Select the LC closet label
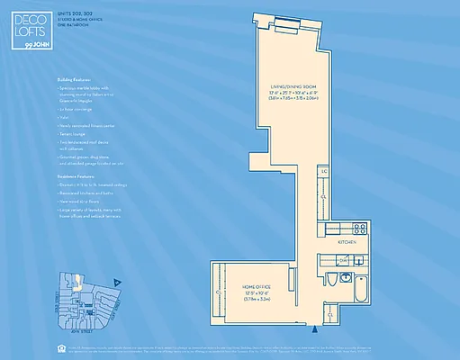[x=323, y=170]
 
